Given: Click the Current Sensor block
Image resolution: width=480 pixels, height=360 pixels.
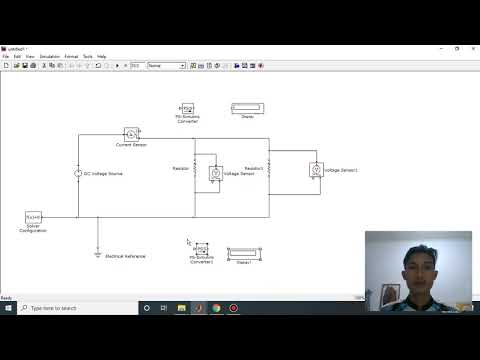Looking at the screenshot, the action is (x=130, y=133).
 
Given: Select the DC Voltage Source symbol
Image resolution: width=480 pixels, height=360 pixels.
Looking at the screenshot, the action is (x=78, y=173).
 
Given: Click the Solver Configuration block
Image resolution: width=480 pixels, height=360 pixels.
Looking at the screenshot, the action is (x=33, y=216).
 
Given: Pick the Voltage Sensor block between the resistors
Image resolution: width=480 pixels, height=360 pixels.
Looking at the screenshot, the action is (x=214, y=172).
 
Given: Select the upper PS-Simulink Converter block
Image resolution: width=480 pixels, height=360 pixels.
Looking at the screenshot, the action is (x=186, y=108).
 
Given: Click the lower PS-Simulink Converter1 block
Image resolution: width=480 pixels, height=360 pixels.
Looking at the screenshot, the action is (x=202, y=251).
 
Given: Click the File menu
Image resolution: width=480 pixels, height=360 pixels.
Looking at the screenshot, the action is (x=6, y=57).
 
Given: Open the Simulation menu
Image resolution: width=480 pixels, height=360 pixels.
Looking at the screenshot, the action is (x=49, y=57).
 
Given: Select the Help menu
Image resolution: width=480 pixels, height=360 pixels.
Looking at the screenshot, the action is (x=102, y=57).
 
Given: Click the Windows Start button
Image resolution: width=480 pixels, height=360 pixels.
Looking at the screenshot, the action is (x=8, y=308).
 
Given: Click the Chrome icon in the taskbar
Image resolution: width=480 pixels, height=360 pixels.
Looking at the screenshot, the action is (x=216, y=308).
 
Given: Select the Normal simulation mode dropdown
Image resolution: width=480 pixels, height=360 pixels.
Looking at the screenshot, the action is (x=166, y=66).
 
